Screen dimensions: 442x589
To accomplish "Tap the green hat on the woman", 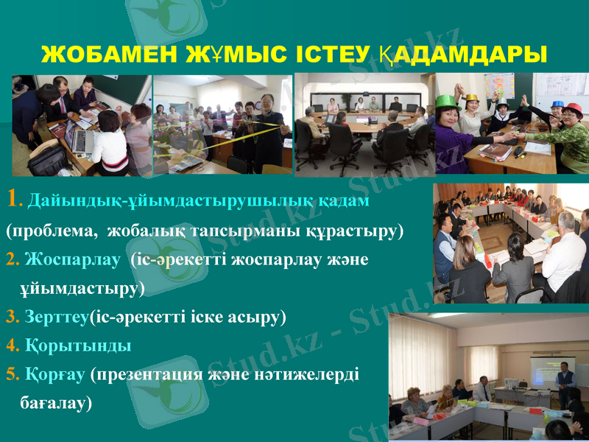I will click(x=447, y=102).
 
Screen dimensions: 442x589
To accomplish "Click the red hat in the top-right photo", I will click(x=572, y=110).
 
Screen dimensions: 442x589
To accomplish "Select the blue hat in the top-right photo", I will click(x=557, y=105).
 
